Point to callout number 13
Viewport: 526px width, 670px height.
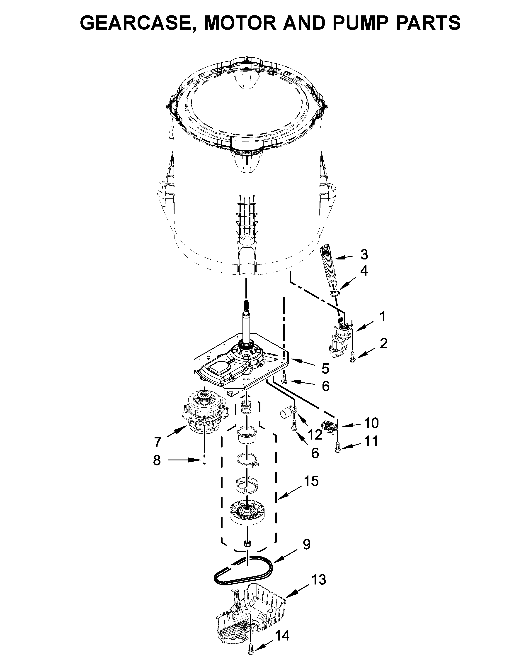click(x=319, y=580)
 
